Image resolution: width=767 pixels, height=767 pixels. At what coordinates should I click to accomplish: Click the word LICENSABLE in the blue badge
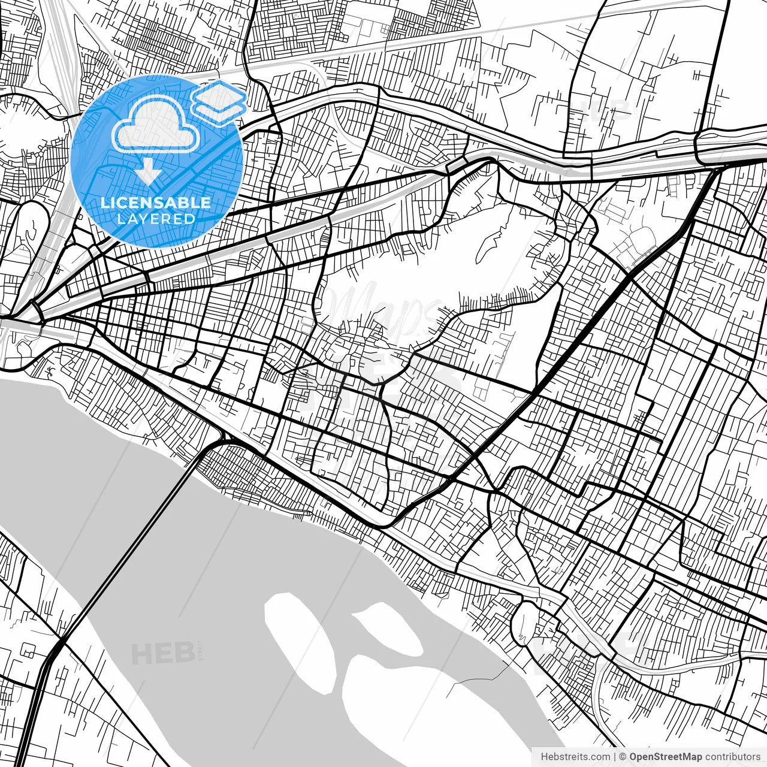[156, 203]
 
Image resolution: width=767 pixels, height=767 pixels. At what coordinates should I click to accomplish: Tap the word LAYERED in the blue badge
[156, 219]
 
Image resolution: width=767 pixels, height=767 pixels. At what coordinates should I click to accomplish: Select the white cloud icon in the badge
[156, 124]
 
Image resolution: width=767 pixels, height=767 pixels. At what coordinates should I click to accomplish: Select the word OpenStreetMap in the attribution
[666, 757]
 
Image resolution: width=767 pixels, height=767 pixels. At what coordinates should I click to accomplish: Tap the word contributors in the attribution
[732, 757]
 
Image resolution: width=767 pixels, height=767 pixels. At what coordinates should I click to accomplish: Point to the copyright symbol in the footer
[623, 757]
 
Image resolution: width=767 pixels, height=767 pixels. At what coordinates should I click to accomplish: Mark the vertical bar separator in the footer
[615, 757]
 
